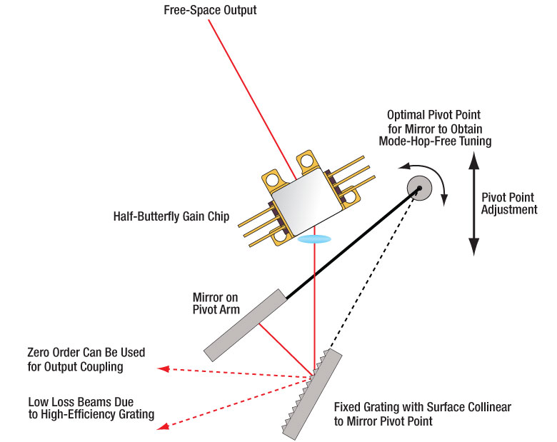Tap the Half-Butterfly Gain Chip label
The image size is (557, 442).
tap(171, 216)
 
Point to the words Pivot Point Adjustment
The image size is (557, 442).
tap(509, 204)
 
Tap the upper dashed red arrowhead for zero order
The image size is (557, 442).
tap(163, 368)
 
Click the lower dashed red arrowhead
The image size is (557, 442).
tap(164, 427)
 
